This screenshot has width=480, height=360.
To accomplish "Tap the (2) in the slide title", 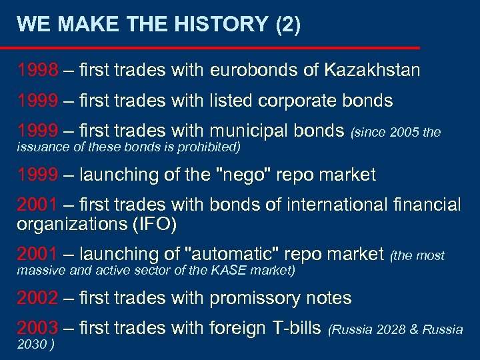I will click(x=287, y=25).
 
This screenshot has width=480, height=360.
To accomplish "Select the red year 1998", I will click(x=37, y=70).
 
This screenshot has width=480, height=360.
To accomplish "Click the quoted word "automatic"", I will click(x=232, y=255).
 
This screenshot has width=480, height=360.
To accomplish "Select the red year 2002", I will click(x=37, y=298).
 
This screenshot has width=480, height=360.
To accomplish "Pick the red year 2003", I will click(x=37, y=328).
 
